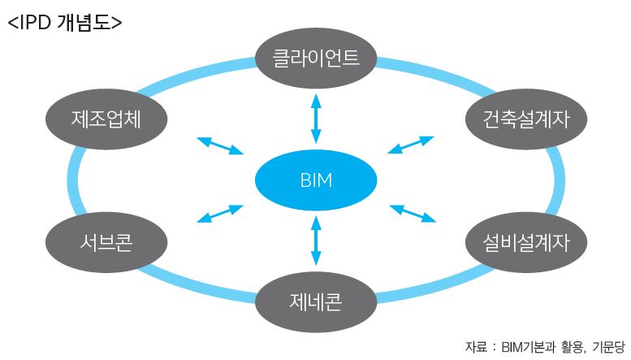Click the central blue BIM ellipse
(x=316, y=180)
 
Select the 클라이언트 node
(x=316, y=58)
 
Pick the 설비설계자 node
(x=517, y=241)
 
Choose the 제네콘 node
(x=316, y=301)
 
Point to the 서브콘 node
(x=106, y=241)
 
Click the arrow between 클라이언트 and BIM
(x=316, y=119)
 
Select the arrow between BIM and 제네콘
(x=316, y=241)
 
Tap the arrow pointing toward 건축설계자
(x=411, y=145)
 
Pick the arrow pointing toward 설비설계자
(x=413, y=212)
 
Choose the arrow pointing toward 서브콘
(x=221, y=214)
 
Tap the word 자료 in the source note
(x=477, y=346)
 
